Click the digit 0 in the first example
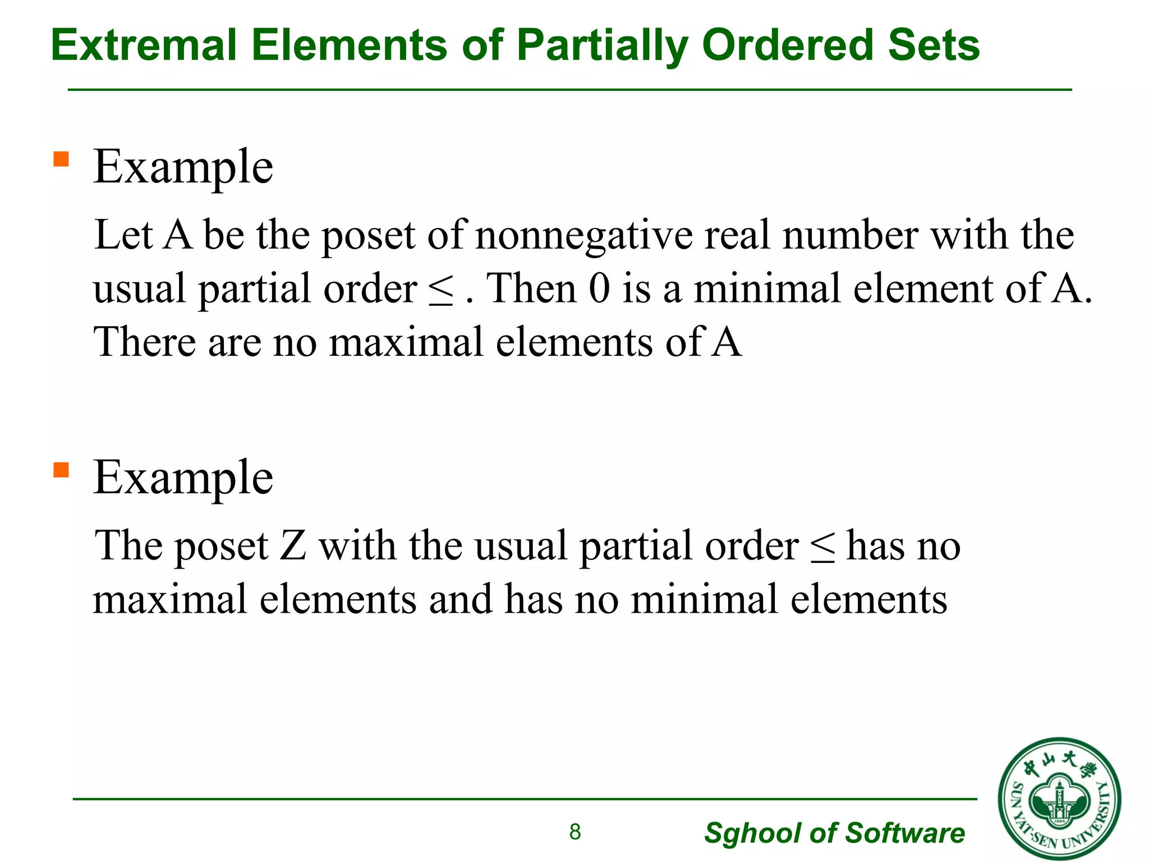coord(599,288)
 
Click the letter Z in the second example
coord(293,545)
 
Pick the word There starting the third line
coord(145,342)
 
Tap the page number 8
coord(575,832)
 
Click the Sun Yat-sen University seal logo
coord(1059,799)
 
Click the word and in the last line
coord(461,599)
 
